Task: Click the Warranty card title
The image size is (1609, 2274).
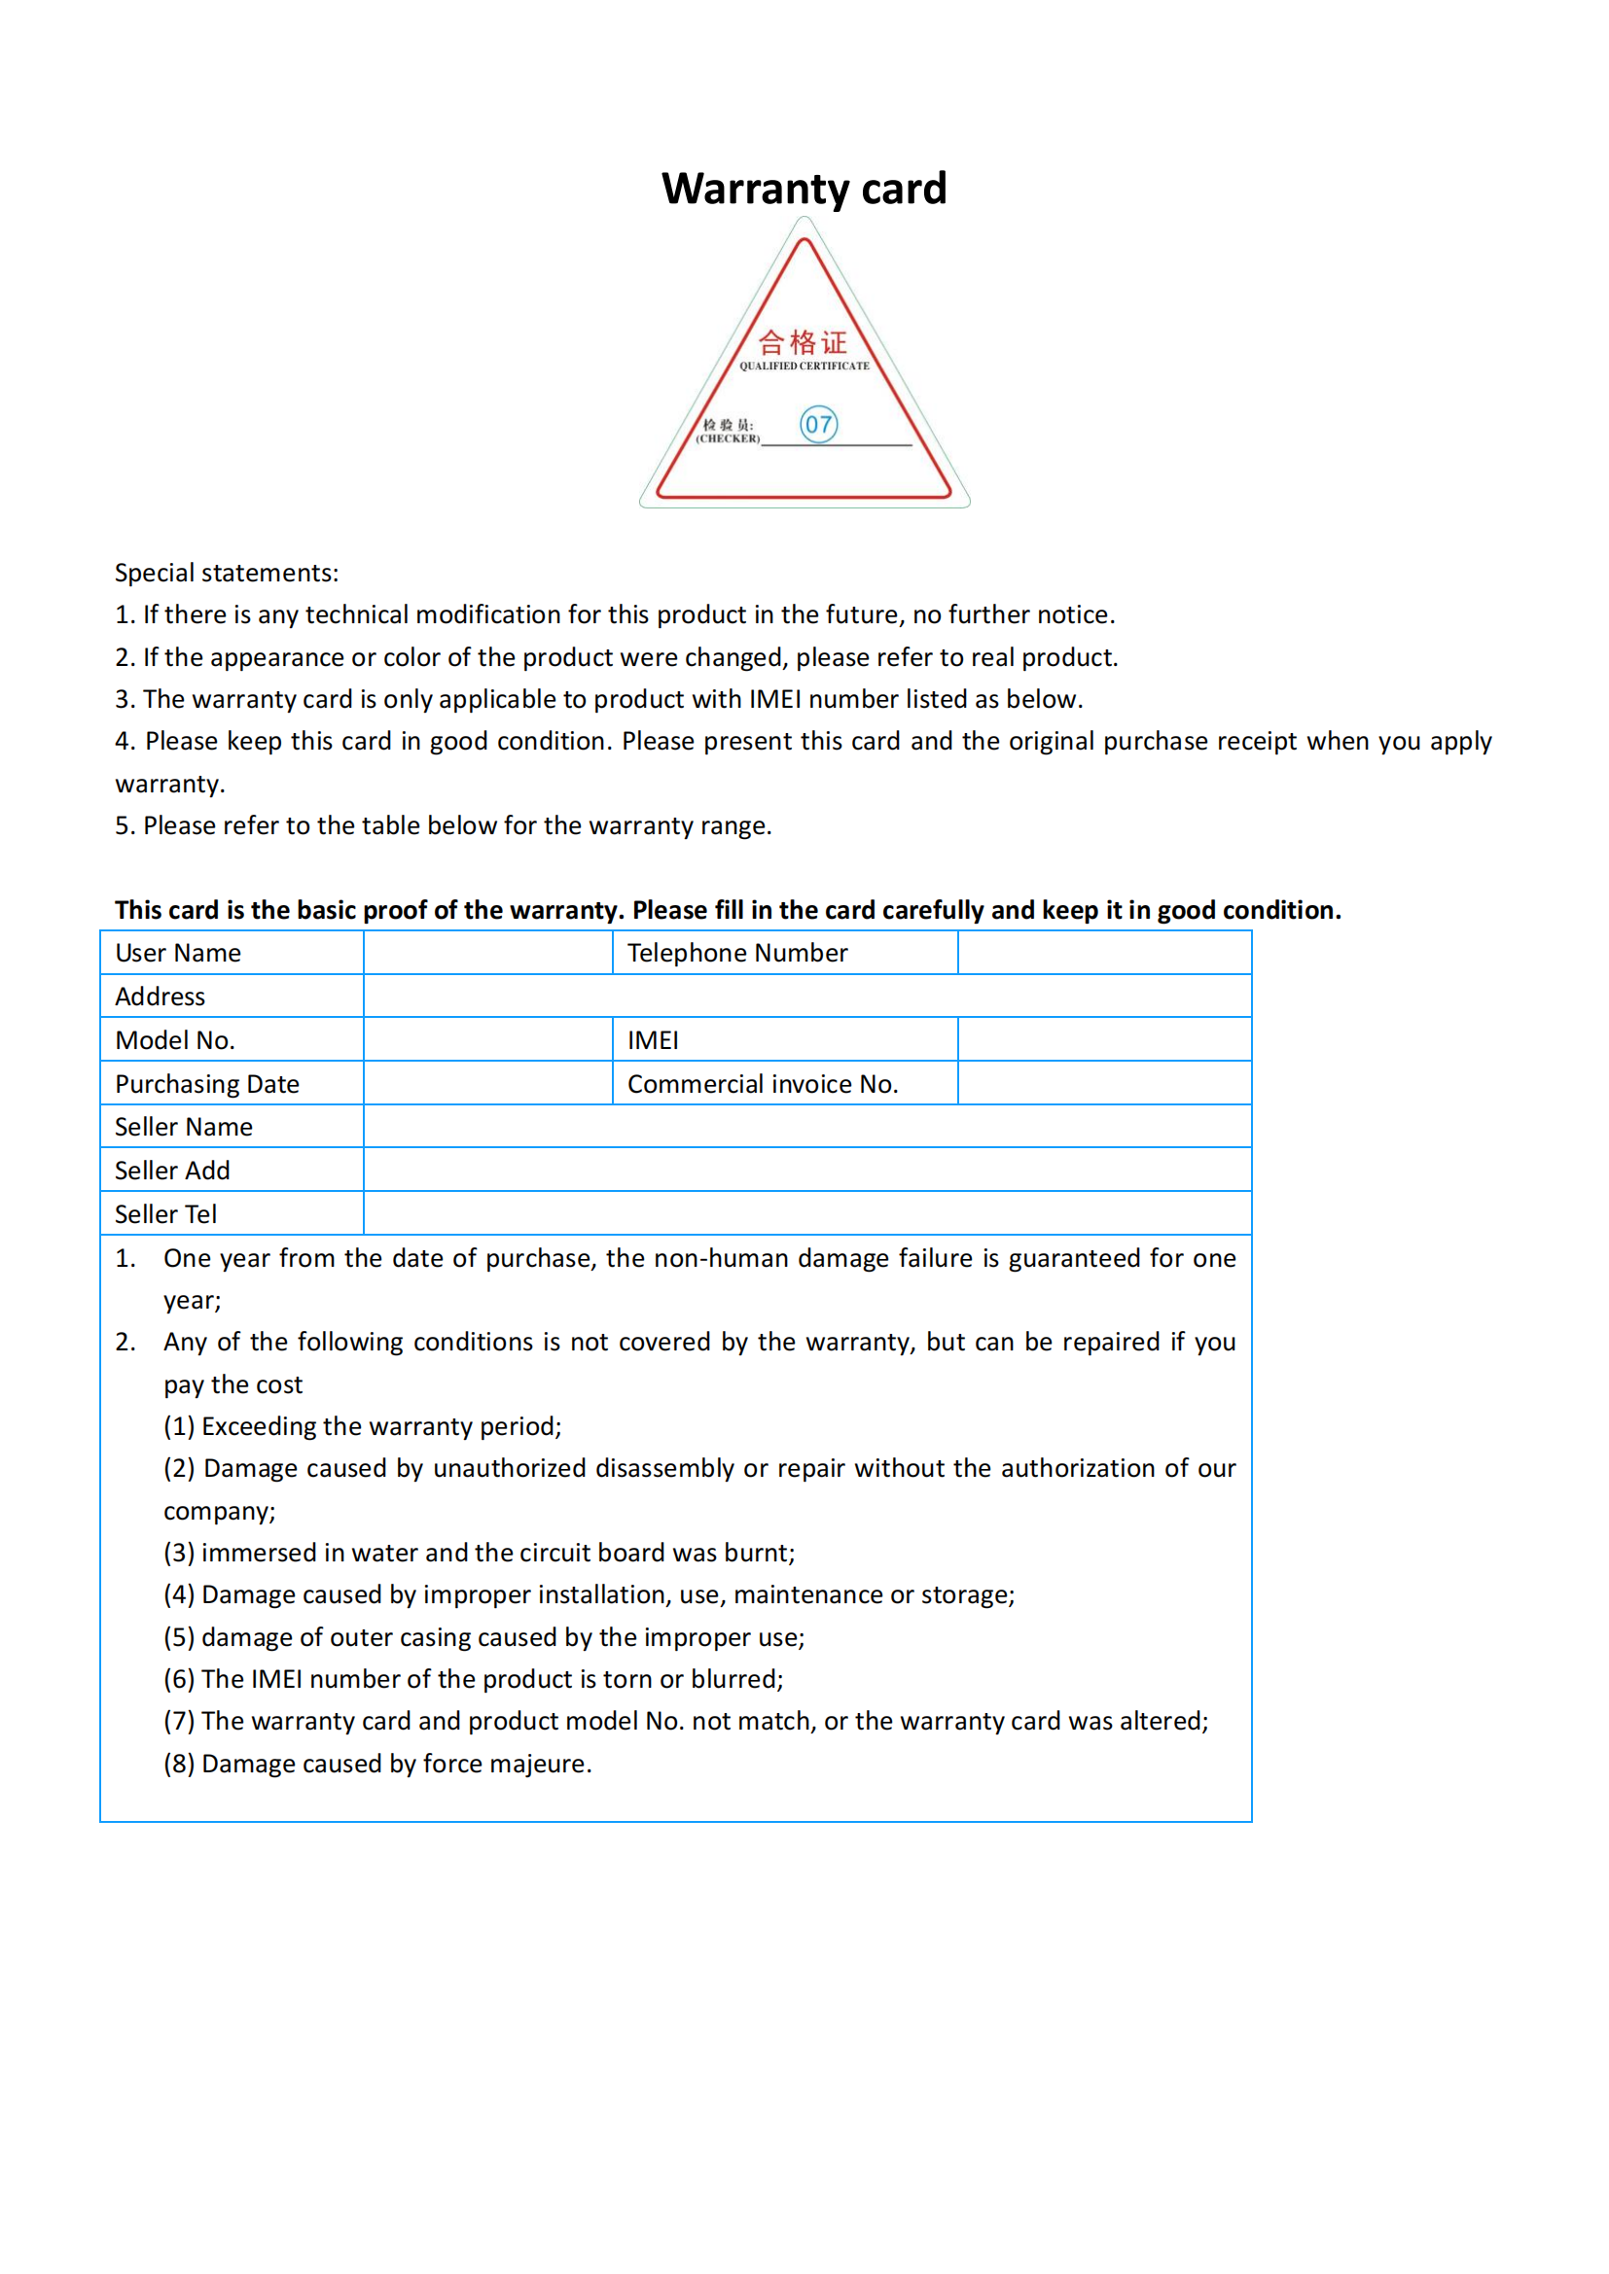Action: pyautogui.click(x=804, y=189)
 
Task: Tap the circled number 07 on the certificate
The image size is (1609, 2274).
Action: pyautogui.click(x=818, y=425)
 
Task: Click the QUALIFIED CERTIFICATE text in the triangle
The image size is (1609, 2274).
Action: pyautogui.click(x=804, y=367)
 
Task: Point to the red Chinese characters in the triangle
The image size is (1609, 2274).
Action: pyautogui.click(x=803, y=342)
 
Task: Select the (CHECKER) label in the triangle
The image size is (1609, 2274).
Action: pyautogui.click(x=729, y=438)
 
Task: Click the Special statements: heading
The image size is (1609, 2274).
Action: pyautogui.click(x=226, y=573)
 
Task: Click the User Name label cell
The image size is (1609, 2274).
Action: pyautogui.click(x=178, y=953)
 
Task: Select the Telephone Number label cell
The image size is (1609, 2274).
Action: pyautogui.click(x=737, y=953)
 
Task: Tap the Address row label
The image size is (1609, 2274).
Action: pyautogui.click(x=161, y=997)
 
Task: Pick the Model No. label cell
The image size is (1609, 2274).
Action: pyautogui.click(x=175, y=1040)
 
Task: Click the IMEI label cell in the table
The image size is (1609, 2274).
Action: pyautogui.click(x=653, y=1040)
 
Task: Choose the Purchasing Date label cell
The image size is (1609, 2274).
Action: pyautogui.click(x=207, y=1083)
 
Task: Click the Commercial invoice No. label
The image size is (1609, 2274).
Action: pyautogui.click(x=763, y=1083)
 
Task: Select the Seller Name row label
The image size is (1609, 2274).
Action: pyautogui.click(x=183, y=1127)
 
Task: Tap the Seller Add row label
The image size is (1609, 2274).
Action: pyautogui.click(x=172, y=1171)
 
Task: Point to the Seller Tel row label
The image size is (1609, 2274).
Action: pyautogui.click(x=165, y=1214)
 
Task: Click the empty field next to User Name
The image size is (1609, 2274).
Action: pyautogui.click(x=487, y=953)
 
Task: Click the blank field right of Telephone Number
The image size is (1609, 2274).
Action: pyautogui.click(x=1104, y=953)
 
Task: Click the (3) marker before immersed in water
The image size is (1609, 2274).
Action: pyautogui.click(x=179, y=1553)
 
